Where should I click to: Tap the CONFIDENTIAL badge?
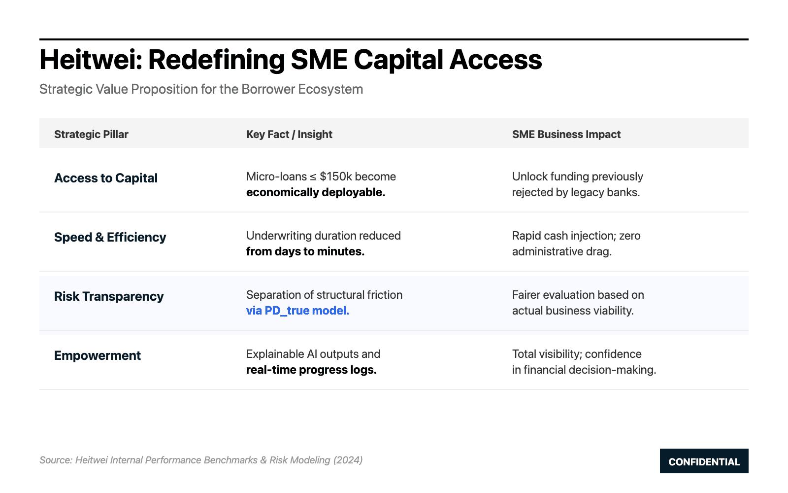(x=704, y=461)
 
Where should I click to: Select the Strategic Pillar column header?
(x=91, y=134)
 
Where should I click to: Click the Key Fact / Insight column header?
(x=289, y=134)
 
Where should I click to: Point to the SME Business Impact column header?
(x=566, y=134)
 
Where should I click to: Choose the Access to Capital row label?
(x=106, y=178)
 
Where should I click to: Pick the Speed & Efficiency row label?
(x=110, y=237)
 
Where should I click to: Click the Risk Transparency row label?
(x=109, y=296)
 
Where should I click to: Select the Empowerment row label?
(x=98, y=355)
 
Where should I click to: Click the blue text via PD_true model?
(x=297, y=311)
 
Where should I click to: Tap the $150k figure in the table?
(x=335, y=176)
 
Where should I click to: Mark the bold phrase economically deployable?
(x=316, y=192)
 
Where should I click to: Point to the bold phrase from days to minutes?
(x=305, y=251)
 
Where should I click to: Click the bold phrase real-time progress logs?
(x=311, y=370)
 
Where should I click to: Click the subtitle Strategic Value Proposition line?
(x=201, y=89)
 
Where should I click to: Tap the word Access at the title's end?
(x=496, y=60)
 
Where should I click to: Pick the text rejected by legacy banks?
(x=576, y=192)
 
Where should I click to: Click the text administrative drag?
(x=562, y=251)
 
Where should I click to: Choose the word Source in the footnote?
(x=56, y=460)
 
